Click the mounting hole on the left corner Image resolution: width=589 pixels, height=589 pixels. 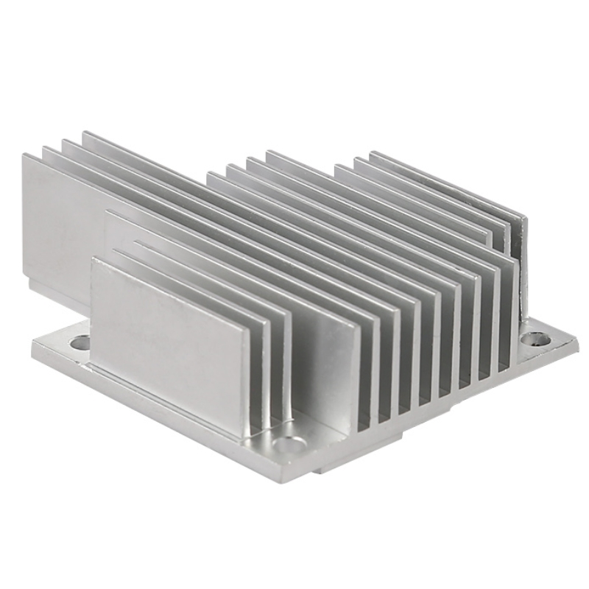80,342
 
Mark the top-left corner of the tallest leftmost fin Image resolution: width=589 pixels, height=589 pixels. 24,155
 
